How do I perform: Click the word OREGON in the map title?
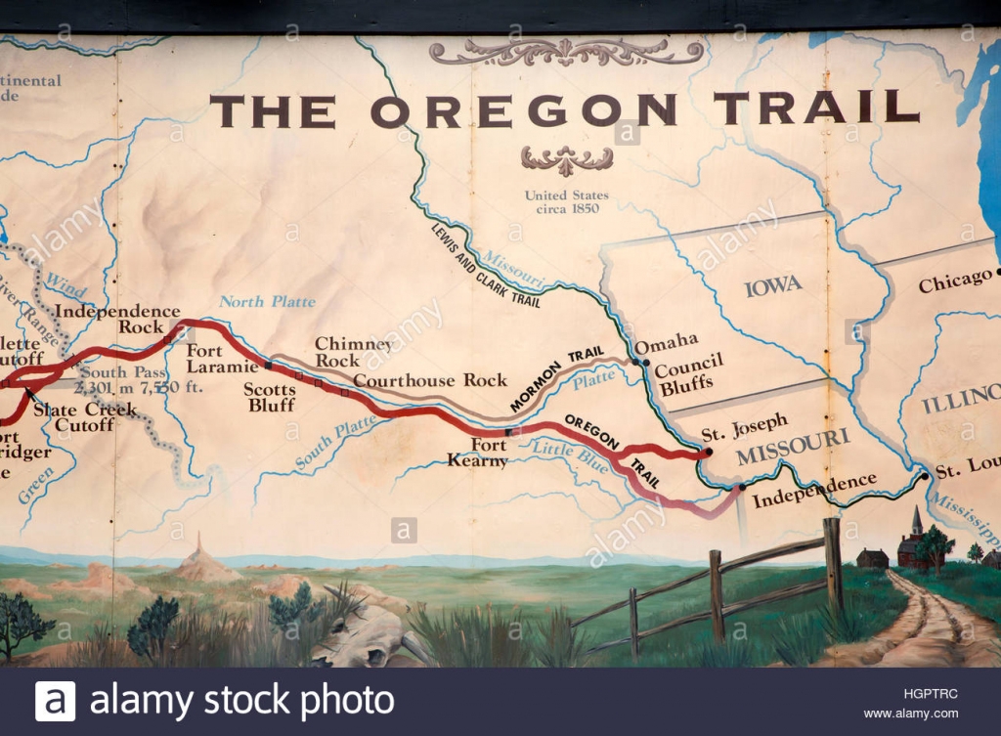point(523,109)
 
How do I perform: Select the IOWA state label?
point(772,286)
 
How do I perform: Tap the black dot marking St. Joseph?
point(708,454)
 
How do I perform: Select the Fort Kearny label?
point(478,453)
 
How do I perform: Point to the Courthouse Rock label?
point(430,380)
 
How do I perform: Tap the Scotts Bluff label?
point(270,397)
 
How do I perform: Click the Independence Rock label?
point(117,319)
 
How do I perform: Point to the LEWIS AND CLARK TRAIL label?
point(485,265)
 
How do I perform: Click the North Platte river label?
point(267,301)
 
